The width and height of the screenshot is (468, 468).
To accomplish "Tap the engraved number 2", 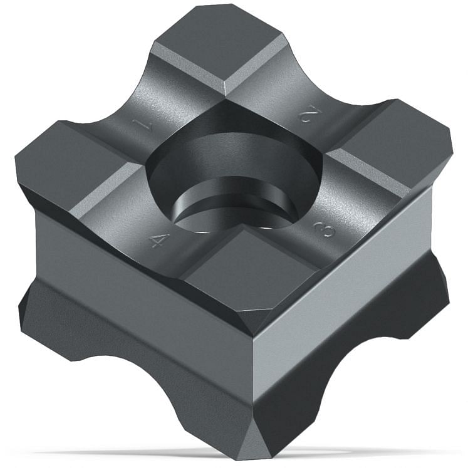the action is (308, 114).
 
